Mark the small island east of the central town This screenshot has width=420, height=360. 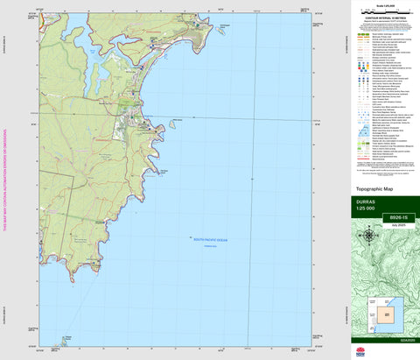pos(172,123)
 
